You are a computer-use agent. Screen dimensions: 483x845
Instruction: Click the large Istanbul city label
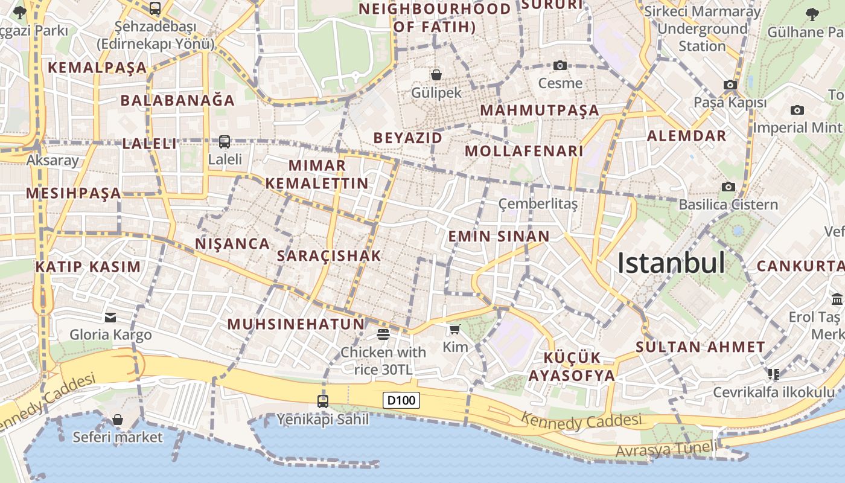click(x=671, y=263)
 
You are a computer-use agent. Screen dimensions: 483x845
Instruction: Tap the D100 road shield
click(x=401, y=400)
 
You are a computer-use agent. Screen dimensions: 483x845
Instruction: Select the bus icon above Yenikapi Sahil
click(x=323, y=401)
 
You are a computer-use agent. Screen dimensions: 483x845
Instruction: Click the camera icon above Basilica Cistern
click(x=729, y=187)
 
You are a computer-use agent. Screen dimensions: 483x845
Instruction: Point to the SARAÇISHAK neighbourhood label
click(x=329, y=256)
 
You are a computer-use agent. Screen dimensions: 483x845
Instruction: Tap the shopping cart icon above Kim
click(x=454, y=329)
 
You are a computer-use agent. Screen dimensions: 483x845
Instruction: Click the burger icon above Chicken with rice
click(x=383, y=334)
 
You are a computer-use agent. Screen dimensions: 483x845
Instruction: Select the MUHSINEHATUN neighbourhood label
click(x=296, y=324)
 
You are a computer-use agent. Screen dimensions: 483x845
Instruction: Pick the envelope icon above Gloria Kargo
click(x=110, y=317)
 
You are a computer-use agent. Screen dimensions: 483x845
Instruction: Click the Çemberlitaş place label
click(x=538, y=204)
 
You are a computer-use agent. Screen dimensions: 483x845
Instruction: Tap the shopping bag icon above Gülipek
click(x=436, y=75)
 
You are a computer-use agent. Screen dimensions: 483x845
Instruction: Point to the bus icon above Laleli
click(x=225, y=141)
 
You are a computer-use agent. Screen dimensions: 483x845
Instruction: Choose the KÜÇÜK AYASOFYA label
click(x=572, y=366)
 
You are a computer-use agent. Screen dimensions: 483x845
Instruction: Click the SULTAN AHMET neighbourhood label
click(x=700, y=347)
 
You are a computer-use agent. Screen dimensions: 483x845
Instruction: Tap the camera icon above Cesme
click(x=560, y=65)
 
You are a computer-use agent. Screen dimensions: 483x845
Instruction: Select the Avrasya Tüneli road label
click(x=666, y=449)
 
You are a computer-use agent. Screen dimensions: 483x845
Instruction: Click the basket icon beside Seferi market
click(x=118, y=420)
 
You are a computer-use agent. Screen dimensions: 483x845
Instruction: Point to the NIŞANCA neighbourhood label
click(x=232, y=244)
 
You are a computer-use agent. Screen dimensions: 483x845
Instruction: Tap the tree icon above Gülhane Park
click(x=812, y=14)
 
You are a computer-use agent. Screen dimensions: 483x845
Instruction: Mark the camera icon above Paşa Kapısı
click(x=730, y=85)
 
